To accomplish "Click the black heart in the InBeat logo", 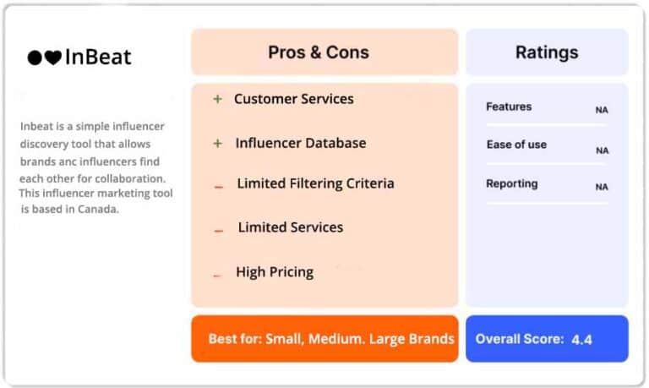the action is click(53, 57).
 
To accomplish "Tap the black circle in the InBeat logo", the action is click(35, 57).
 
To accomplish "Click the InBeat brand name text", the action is click(98, 57).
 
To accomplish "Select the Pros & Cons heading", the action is click(319, 52).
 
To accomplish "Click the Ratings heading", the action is click(547, 52).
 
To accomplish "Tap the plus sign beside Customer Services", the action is click(218, 99).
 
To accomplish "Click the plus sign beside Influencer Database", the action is click(218, 143).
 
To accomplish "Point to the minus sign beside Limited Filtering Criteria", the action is click(219, 187).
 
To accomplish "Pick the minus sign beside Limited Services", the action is click(219, 231).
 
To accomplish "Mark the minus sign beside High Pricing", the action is click(217, 276).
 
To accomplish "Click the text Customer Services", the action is click(294, 99).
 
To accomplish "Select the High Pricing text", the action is click(275, 272).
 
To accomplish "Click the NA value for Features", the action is click(602, 110).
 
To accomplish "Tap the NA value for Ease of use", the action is click(603, 150).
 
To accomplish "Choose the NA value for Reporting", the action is click(602, 187).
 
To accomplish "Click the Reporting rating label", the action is click(512, 183).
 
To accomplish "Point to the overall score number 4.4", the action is click(581, 340).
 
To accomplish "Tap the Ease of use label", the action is click(516, 145).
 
